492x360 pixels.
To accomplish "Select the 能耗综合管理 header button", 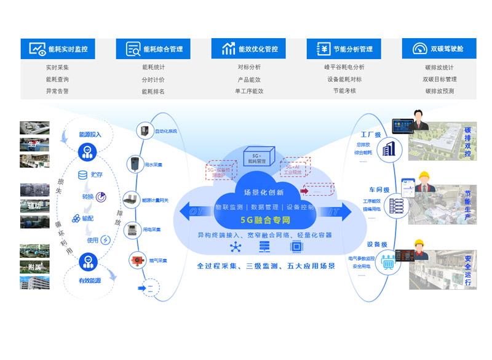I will tap(154, 49).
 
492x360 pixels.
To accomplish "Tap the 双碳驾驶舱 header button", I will tap(438, 49).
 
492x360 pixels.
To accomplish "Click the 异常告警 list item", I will tap(57, 91).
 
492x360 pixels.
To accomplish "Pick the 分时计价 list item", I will tap(153, 79).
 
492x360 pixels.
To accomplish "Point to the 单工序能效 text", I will tap(248, 91).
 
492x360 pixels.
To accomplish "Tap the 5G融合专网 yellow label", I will tap(264, 220).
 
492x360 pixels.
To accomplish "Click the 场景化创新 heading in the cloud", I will tap(264, 192).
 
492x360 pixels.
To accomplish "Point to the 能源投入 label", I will tap(90, 134).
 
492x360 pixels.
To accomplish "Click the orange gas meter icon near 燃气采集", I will tap(134, 260).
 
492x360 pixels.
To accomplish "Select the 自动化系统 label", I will tap(165, 131).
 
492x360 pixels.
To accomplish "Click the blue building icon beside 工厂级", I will tap(389, 150).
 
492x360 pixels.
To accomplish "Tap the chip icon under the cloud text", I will tap(296, 247).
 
